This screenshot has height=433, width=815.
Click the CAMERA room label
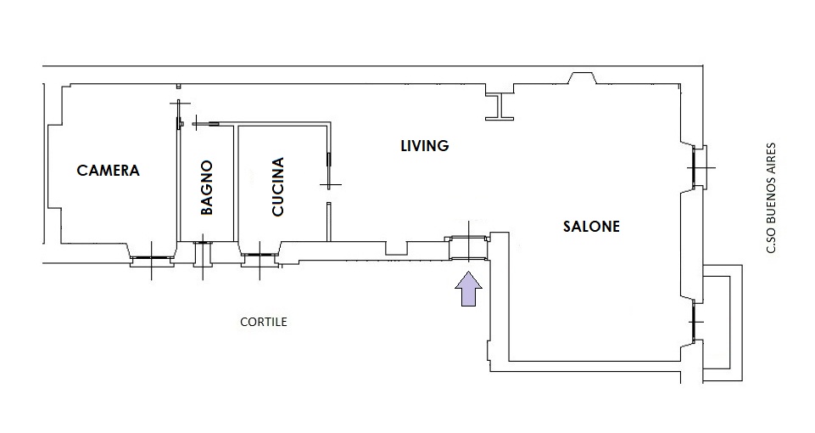108,170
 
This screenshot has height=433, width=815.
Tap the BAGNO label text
207,188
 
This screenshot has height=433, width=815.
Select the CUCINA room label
278,186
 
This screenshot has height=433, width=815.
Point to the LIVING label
425,146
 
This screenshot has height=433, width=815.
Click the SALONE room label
591,227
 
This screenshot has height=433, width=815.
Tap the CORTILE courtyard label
264,322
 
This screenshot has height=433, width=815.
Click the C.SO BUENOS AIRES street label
772,199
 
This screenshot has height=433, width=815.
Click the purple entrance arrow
469,289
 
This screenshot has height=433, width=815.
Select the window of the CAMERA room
151,257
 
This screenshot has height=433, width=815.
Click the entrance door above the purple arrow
468,248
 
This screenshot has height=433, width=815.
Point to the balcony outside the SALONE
723,323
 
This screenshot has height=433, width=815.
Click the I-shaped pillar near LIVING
500,107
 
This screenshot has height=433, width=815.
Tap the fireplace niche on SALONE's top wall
582,78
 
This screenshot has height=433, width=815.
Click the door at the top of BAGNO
206,123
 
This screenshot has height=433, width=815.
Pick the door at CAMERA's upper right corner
179,115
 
